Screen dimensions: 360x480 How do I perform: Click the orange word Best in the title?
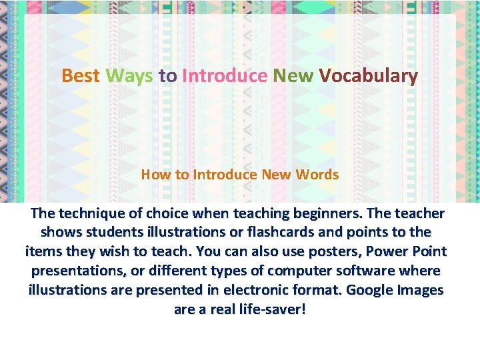[81, 76]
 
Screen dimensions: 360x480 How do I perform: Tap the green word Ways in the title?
[129, 76]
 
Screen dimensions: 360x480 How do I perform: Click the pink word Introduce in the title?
[224, 76]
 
